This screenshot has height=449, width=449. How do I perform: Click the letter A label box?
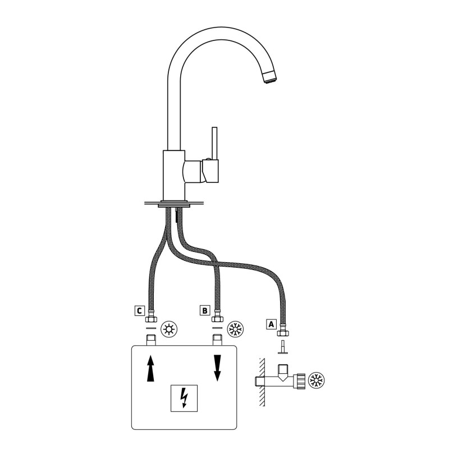coord(272,324)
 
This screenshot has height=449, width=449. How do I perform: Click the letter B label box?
coord(205,310)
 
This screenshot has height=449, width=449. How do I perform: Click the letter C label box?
coord(139,311)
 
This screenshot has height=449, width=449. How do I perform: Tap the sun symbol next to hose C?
coord(169,329)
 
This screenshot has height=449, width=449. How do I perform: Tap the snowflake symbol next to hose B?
coord(235,329)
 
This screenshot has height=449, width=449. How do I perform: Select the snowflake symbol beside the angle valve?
coord(317,381)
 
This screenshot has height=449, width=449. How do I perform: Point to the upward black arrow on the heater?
coord(150,368)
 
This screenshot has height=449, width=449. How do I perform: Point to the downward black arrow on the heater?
coord(218,368)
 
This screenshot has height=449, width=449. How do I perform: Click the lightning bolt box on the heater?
coord(184,398)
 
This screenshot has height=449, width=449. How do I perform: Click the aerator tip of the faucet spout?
coord(269,78)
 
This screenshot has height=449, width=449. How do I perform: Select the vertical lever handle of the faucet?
coord(214,143)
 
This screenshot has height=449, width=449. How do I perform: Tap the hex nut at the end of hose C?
coord(151,319)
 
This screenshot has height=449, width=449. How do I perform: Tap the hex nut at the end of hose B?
coord(217,319)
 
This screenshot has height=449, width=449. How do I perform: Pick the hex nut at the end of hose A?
coord(283,333)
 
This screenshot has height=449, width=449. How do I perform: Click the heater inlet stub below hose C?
coord(151,340)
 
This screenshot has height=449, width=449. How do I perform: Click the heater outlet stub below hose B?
coord(217,340)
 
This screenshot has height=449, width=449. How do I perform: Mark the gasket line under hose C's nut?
coord(151,328)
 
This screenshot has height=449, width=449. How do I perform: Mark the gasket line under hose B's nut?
coord(217,328)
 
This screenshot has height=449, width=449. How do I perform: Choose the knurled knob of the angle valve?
coord(301,381)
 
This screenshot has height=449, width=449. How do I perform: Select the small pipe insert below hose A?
coord(283,347)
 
